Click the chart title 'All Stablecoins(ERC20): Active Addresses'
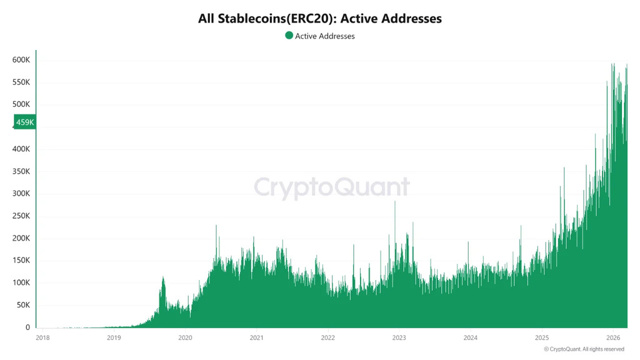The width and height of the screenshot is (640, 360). click(320, 19)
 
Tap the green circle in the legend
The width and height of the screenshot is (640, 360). click(289, 36)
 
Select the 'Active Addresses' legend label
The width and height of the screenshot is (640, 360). click(324, 36)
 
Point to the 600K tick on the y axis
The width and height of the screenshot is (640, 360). click(21, 60)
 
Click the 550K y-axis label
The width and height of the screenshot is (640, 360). click(21, 82)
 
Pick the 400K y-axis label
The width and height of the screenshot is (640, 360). click(21, 149)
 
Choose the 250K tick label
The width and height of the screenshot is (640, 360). click(21, 216)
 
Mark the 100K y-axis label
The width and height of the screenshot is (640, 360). click(21, 283)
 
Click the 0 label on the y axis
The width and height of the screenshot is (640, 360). click(27, 327)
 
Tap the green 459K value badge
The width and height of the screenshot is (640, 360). click(25, 122)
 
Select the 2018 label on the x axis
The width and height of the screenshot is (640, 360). click(42, 338)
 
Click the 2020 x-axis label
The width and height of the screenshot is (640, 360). click(185, 338)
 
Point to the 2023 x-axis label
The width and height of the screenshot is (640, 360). click(399, 338)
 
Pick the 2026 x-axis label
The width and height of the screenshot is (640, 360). click(612, 338)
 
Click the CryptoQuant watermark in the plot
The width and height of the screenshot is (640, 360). click(332, 187)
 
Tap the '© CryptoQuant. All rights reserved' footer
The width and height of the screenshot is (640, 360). click(587, 349)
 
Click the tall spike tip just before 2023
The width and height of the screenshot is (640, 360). click(395, 202)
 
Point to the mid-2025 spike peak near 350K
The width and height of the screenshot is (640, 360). click(564, 168)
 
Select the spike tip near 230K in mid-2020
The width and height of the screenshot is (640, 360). click(216, 226)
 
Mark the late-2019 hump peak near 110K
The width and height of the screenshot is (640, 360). click(163, 277)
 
